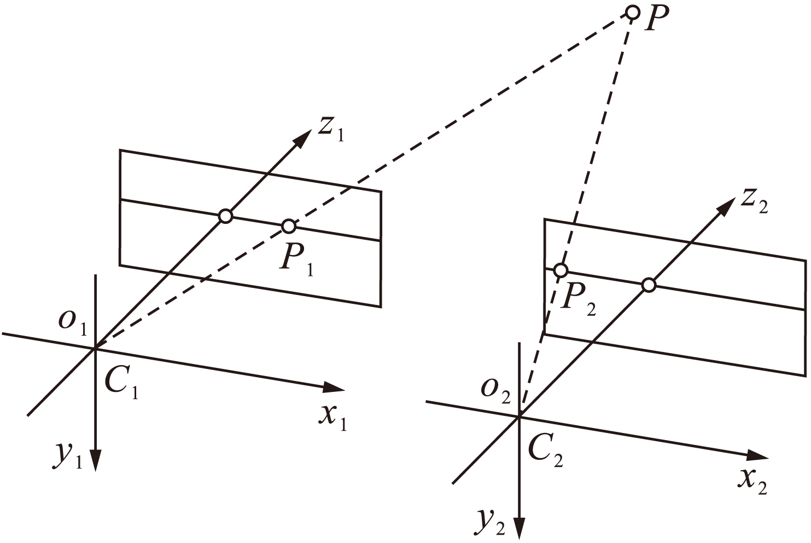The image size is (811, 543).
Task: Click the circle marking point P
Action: coord(632,12)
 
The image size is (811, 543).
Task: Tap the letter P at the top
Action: coord(654,20)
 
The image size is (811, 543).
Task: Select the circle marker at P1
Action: coord(289,226)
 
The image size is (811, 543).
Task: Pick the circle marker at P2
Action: coord(561,270)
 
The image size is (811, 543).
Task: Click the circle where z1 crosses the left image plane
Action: coord(225,216)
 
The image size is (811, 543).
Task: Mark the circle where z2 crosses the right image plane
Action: coord(649,285)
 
